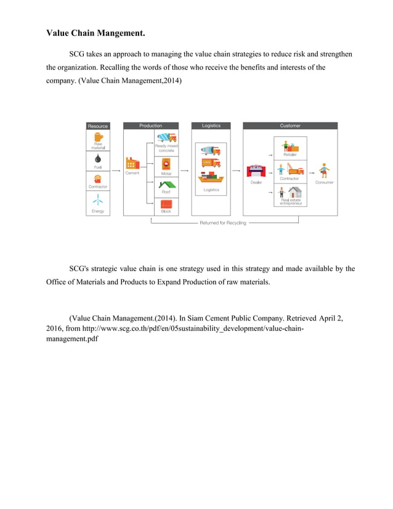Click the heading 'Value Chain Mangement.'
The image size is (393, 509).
[100, 32]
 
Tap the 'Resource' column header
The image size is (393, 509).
[97, 126]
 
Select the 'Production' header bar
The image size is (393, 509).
[150, 126]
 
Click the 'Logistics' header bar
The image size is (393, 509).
[211, 126]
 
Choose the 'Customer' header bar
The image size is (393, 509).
[290, 126]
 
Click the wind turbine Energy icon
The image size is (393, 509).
[98, 200]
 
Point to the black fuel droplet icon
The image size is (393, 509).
[98, 159]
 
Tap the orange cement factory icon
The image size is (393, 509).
[132, 163]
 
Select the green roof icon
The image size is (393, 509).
[166, 183]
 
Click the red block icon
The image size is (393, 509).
[166, 203]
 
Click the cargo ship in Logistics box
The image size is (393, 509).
[211, 179]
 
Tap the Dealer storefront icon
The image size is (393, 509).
[256, 171]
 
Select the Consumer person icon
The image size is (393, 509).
[324, 171]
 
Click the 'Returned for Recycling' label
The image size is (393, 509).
[222, 222]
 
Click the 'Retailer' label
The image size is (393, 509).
[290, 155]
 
